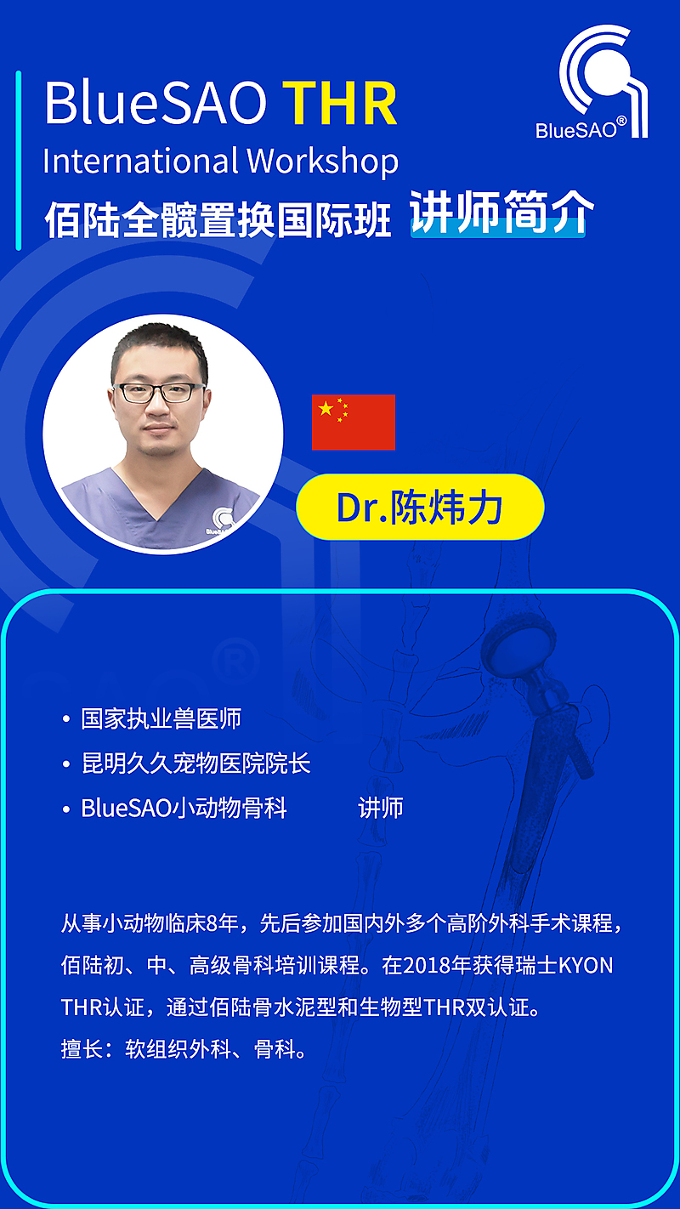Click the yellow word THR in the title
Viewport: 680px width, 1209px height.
tap(341, 103)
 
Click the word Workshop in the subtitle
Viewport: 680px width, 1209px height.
tap(323, 162)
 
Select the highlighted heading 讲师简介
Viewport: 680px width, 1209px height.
tap(501, 213)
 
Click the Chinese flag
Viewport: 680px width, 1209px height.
tap(354, 422)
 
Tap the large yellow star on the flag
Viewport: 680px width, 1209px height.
tap(326, 409)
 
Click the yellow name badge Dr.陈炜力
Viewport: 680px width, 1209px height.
tap(420, 507)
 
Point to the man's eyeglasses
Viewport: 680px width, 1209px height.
tap(159, 392)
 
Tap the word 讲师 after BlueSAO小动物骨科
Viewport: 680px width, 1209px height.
tap(381, 808)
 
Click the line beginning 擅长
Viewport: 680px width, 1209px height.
tap(184, 1049)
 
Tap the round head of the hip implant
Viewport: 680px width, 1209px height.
tap(519, 647)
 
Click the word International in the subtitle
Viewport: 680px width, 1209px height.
tap(141, 161)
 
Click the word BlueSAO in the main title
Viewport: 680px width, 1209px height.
tap(156, 103)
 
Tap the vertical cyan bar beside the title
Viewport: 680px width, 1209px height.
tap(19, 161)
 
